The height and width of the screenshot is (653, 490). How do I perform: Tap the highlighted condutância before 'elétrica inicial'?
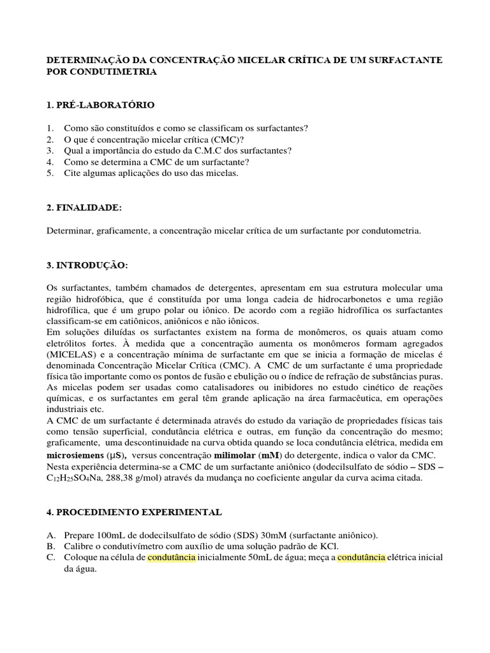click(361, 557)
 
